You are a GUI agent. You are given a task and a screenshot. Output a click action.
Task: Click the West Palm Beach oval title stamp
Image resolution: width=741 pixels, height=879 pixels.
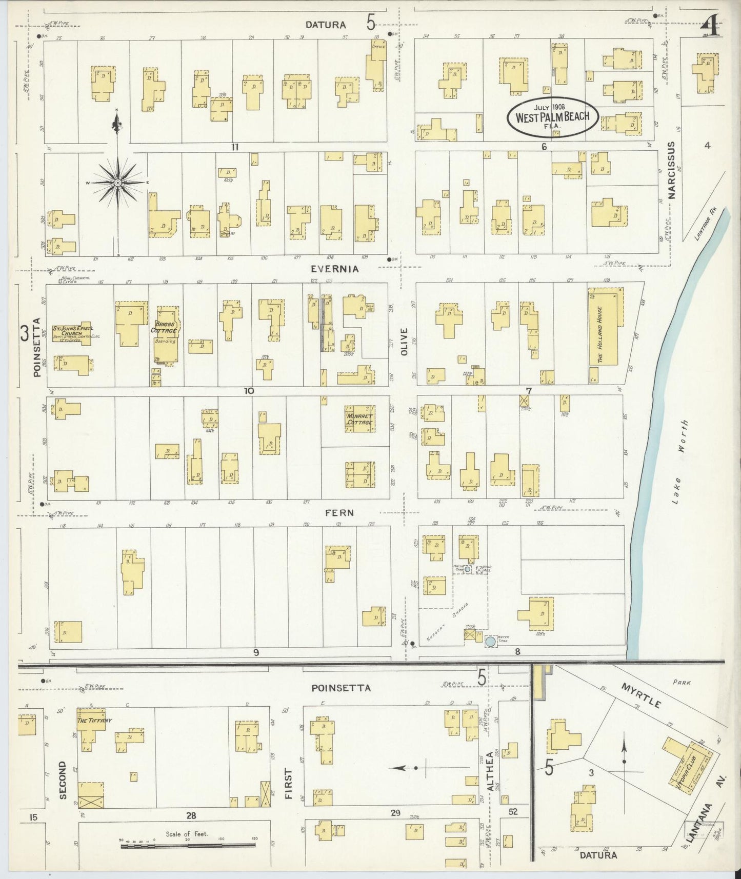(552, 117)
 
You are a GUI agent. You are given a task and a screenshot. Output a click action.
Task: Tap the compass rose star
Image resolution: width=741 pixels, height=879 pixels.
(118, 183)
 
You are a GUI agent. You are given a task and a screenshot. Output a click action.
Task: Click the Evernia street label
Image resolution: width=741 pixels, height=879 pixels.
(334, 269)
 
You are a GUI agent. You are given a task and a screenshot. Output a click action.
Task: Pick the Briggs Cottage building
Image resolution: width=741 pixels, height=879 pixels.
(166, 334)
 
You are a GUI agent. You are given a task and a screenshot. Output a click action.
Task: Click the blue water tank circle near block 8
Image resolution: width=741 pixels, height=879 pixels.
(490, 641)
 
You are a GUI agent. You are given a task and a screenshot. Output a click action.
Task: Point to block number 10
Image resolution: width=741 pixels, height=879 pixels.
(249, 391)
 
